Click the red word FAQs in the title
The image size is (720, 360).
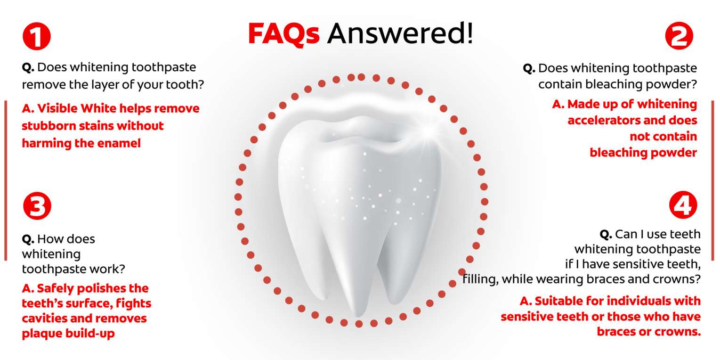(284, 34)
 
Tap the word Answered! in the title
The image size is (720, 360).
(400, 33)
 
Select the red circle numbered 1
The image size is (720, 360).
(37, 36)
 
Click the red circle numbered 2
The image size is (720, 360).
(679, 36)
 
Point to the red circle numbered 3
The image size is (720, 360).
(37, 206)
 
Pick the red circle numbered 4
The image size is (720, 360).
(683, 205)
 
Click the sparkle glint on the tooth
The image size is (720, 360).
(427, 132)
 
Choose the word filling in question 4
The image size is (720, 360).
(480, 279)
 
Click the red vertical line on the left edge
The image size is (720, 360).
(6, 180)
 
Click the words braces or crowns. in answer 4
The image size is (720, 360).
(648, 332)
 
